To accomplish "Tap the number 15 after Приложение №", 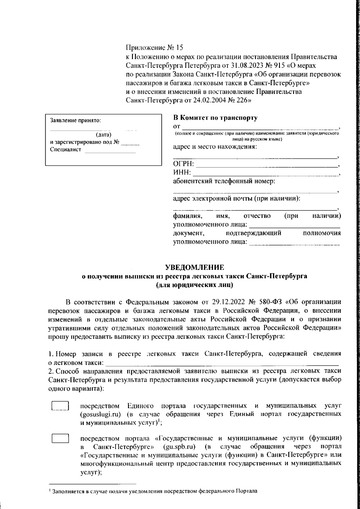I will (x=179, y=48).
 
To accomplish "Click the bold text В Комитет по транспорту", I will (x=215, y=118).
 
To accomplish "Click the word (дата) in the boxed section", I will (x=103, y=134).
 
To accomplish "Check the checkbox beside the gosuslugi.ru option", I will (x=61, y=406).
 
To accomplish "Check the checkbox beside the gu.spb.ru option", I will (x=61, y=438).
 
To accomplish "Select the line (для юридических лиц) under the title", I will (x=194, y=285).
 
